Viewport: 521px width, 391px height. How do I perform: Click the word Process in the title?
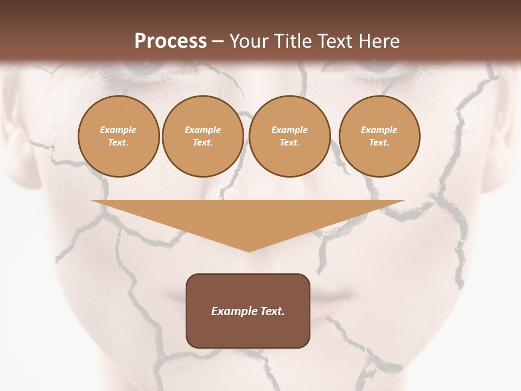[x=170, y=41]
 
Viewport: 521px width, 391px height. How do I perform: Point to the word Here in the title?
[x=380, y=41]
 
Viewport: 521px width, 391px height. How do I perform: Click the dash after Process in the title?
[x=218, y=42]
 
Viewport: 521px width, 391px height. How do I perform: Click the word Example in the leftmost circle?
[x=118, y=130]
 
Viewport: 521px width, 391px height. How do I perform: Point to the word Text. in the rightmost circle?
[x=379, y=142]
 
